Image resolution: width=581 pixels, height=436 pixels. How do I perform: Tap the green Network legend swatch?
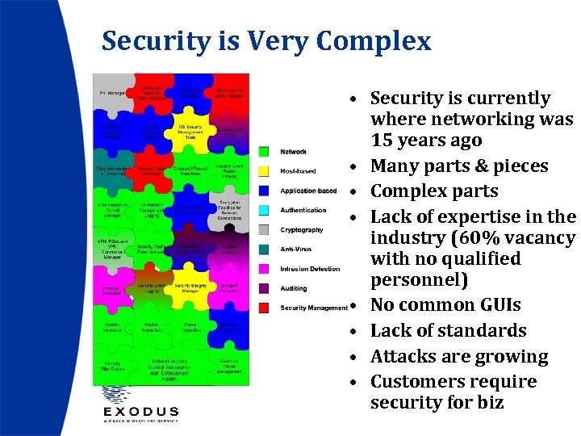(x=263, y=151)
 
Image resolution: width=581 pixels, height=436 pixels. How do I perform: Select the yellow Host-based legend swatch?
(x=263, y=170)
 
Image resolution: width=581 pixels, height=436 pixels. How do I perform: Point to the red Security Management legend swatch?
(x=263, y=308)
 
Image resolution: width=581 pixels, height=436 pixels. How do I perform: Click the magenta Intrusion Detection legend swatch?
(x=263, y=268)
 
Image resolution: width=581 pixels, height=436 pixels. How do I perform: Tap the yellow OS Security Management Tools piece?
(x=190, y=132)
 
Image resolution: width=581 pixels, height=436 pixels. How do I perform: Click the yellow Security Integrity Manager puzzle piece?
(x=190, y=287)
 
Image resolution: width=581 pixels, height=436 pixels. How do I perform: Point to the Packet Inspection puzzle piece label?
(x=155, y=328)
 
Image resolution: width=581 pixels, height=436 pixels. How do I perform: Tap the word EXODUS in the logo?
(x=140, y=410)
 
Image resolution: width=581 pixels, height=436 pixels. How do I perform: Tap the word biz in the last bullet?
(x=488, y=402)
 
